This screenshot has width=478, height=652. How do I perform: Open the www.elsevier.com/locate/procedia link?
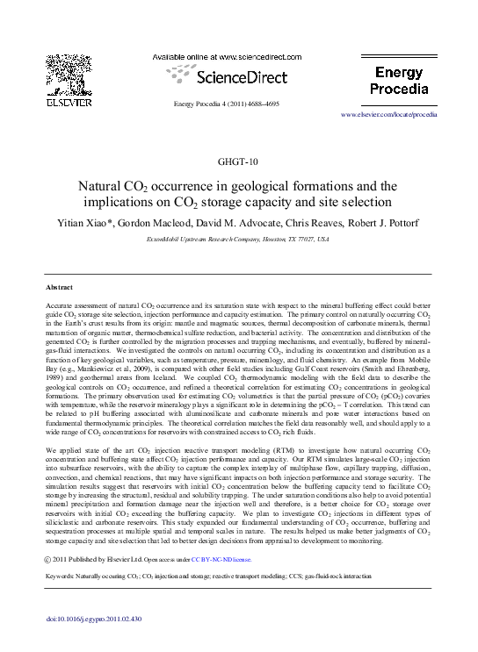click(x=401, y=116)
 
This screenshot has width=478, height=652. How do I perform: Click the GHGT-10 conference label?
click(x=238, y=162)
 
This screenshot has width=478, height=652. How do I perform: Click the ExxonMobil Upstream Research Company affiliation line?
click(x=238, y=239)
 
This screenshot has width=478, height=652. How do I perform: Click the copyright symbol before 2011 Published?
click(x=47, y=558)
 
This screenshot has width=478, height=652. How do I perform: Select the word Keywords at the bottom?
click(x=62, y=576)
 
